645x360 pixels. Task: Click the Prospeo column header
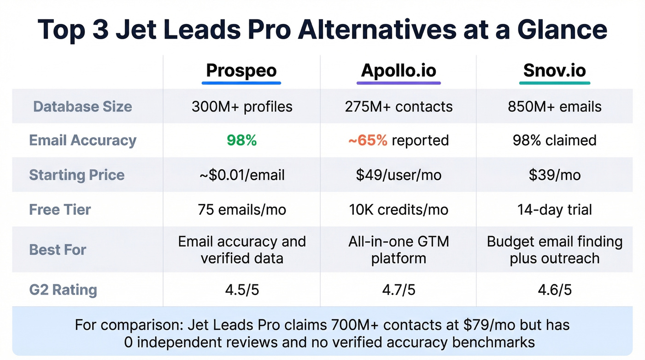(241, 71)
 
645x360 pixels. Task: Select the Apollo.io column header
(399, 71)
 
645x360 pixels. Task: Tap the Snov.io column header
(554, 71)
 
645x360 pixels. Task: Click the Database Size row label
(82, 106)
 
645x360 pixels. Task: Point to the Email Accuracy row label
(82, 140)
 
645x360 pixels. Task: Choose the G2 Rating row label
(63, 290)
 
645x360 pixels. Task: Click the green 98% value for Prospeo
(242, 140)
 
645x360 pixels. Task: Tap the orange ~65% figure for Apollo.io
(368, 140)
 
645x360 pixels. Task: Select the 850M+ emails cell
(554, 106)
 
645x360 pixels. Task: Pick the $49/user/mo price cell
(399, 175)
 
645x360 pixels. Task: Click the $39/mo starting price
(554, 175)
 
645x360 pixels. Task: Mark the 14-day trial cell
(554, 210)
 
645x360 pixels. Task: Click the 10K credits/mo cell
(399, 210)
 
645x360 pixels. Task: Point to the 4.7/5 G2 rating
(399, 290)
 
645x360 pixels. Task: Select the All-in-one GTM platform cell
(399, 249)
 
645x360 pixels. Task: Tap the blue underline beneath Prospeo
(241, 83)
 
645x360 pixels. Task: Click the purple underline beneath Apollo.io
(399, 83)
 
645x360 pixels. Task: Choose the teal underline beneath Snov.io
(554, 83)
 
